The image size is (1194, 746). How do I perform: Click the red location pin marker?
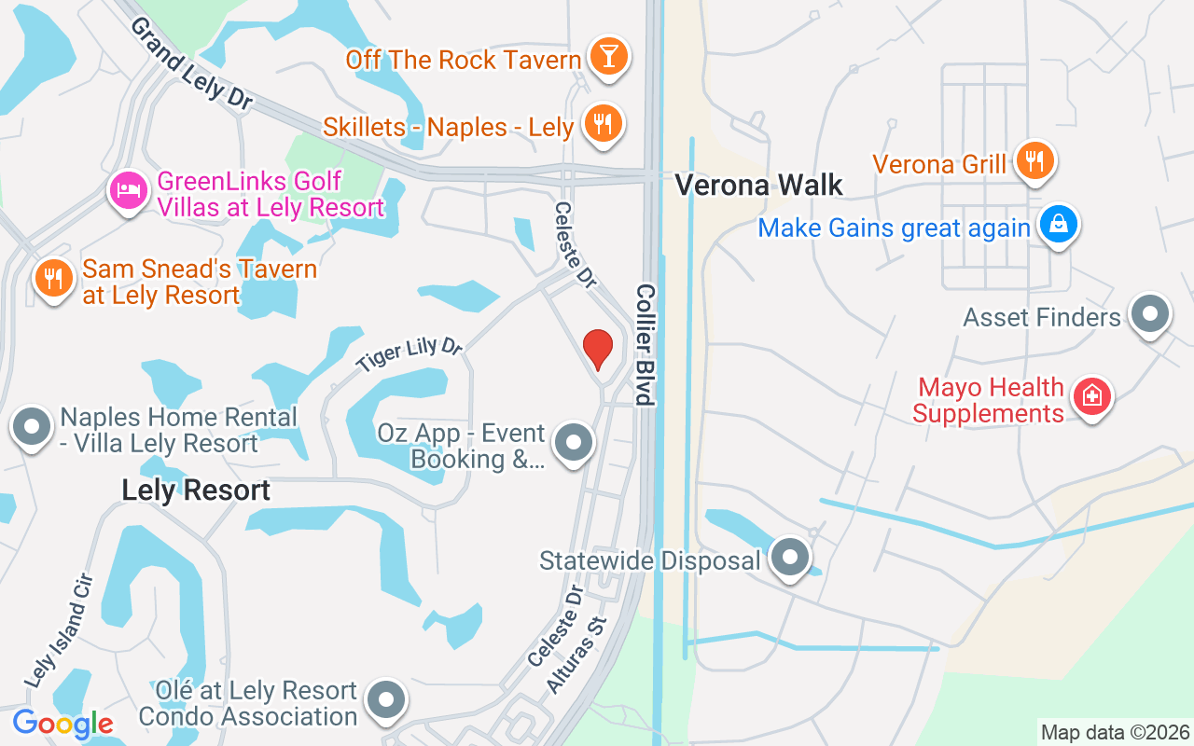[598, 350]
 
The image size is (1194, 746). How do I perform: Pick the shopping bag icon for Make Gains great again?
[1058, 226]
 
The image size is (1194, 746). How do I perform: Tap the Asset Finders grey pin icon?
[1149, 315]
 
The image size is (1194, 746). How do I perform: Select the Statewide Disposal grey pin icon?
[791, 558]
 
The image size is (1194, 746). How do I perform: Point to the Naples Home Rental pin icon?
[32, 427]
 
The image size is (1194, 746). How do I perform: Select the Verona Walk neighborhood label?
[758, 186]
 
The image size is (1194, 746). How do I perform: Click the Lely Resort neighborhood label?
[196, 490]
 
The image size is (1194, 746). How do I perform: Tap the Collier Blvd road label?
[645, 344]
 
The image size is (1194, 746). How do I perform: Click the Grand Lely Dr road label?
[190, 65]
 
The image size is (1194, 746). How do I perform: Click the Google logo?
[62, 724]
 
